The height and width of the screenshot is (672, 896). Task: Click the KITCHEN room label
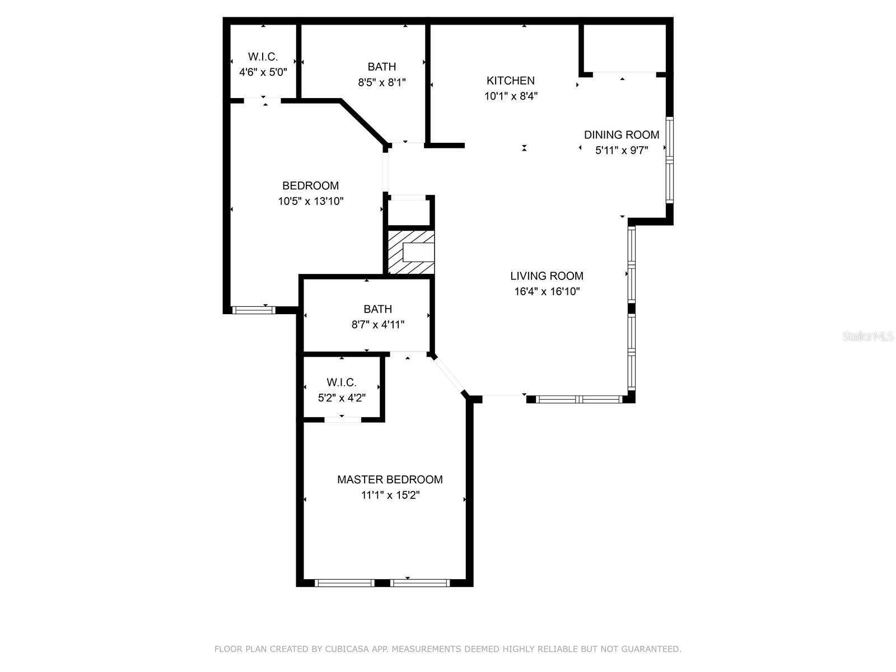click(510, 81)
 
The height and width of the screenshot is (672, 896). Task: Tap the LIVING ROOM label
click(547, 276)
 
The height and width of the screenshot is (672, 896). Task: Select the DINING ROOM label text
click(622, 135)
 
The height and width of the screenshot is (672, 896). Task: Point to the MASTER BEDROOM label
click(390, 480)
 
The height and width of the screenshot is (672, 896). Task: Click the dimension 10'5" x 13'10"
click(311, 201)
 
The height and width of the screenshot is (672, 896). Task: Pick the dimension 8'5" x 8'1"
click(382, 82)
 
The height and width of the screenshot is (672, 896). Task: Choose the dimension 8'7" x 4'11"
click(378, 324)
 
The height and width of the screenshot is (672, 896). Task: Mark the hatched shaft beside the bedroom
click(411, 253)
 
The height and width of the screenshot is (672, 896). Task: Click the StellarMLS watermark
click(868, 337)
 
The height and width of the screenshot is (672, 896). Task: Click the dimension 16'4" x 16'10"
click(547, 291)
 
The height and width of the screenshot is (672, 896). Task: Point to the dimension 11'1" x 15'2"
click(390, 495)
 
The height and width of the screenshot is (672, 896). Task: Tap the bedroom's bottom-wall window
click(254, 310)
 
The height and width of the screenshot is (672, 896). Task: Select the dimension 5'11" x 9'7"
click(622, 150)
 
